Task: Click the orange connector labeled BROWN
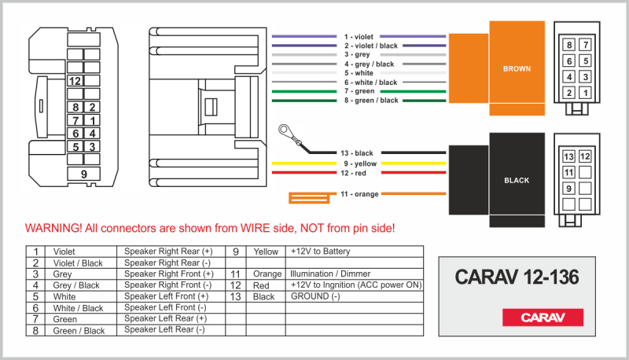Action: click(516, 69)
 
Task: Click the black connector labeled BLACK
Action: click(516, 180)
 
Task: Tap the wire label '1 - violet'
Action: click(359, 37)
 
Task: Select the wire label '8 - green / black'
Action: click(370, 101)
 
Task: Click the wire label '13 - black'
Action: click(357, 152)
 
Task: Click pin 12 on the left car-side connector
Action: click(75, 80)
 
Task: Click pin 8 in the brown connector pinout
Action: click(569, 46)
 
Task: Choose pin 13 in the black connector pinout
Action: click(569, 156)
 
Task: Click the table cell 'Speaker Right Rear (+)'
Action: click(168, 252)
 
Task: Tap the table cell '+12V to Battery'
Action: click(320, 252)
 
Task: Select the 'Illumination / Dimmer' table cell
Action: click(333, 274)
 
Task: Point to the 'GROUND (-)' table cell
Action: click(315, 296)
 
